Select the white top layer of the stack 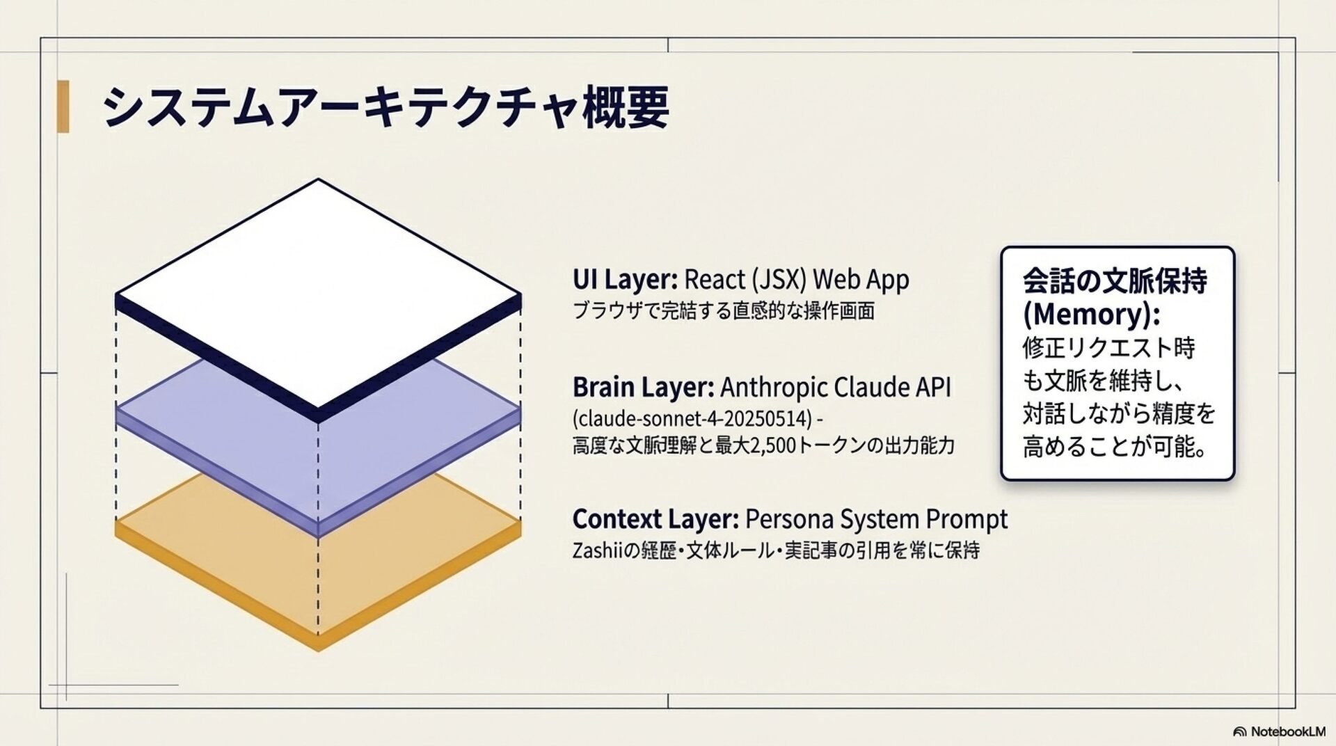point(318,292)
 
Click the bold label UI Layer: point(624,280)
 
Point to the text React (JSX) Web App point(797,280)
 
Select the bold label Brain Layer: point(642,387)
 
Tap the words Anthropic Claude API point(835,387)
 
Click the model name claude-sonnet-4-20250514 point(692,419)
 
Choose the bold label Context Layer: point(655,519)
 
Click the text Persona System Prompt point(876,519)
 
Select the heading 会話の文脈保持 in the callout point(1114,280)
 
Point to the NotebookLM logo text point(1287,731)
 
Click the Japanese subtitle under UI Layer point(724,310)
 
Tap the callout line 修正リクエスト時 point(1108,347)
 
